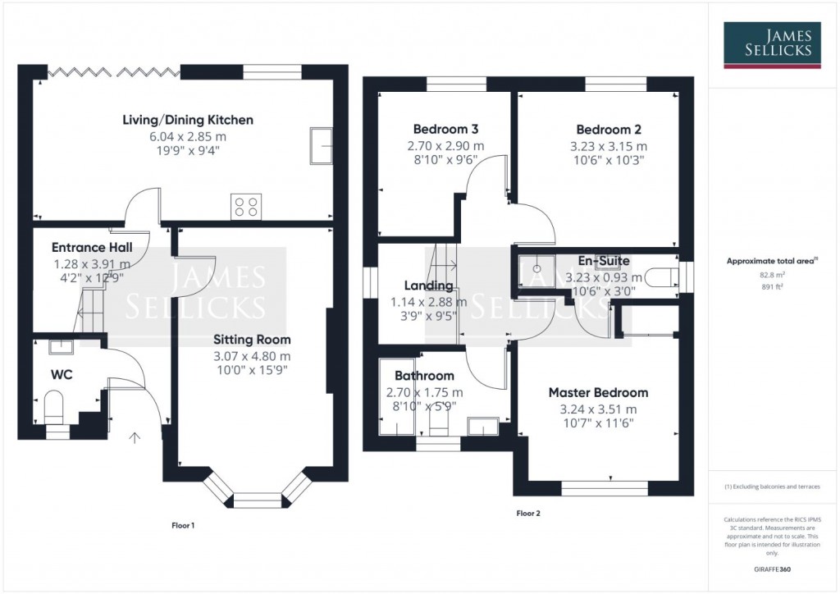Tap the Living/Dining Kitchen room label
[188, 120]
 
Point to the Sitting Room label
[252, 339]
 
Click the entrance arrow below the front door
[135, 436]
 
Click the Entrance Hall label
[92, 247]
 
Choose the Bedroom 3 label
[445, 129]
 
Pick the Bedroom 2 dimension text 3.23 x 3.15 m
[609, 145]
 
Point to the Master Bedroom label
[598, 392]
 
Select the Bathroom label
[424, 376]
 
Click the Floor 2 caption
[528, 514]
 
